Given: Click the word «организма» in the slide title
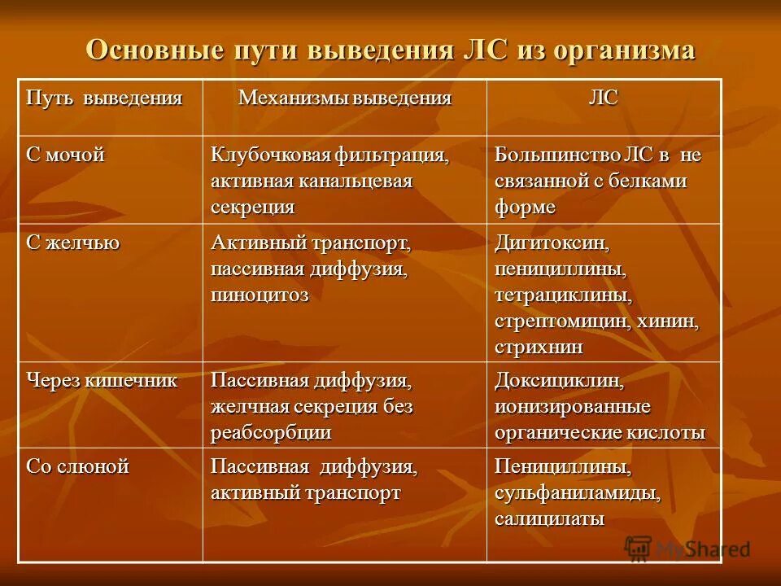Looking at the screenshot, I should pyautogui.click(x=624, y=50).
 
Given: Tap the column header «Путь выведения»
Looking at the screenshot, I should pyautogui.click(x=104, y=99).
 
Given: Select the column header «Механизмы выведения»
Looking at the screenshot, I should pyautogui.click(x=344, y=99).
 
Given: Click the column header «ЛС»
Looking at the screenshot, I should pyautogui.click(x=603, y=98).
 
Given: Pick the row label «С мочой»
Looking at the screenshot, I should pyautogui.click(x=66, y=155).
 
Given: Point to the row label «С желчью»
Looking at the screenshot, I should pyautogui.click(x=73, y=243).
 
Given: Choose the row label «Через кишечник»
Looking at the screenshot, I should pyautogui.click(x=102, y=380).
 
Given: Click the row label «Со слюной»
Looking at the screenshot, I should pyautogui.click(x=78, y=467).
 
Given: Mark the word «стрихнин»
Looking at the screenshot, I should pyautogui.click(x=539, y=347).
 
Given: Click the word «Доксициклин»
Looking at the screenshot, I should pyautogui.click(x=559, y=380).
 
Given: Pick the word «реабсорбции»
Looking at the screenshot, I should pyautogui.click(x=271, y=432).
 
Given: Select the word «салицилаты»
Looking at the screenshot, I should pyautogui.click(x=549, y=519).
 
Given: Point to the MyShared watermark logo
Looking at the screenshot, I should pyautogui.click(x=687, y=549).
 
